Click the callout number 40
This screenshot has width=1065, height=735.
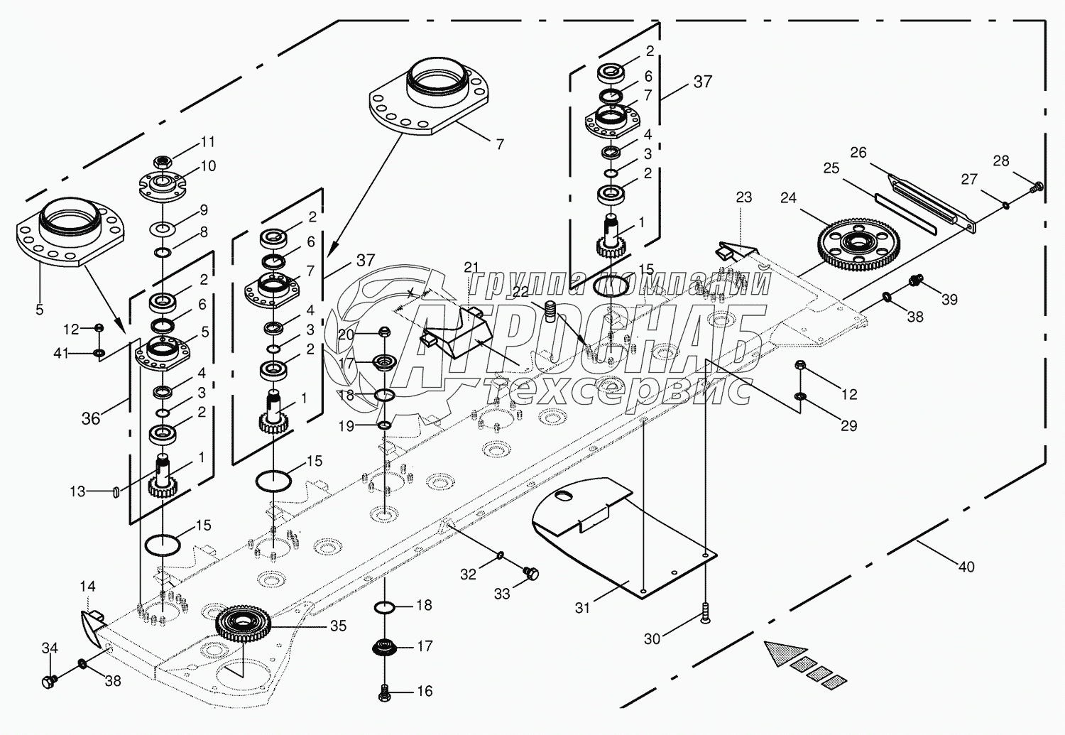click(966, 567)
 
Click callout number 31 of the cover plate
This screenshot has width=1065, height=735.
click(582, 608)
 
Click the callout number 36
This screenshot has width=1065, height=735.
click(91, 418)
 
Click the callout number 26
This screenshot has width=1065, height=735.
click(858, 153)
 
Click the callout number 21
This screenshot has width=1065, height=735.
click(472, 267)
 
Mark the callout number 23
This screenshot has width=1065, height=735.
click(743, 197)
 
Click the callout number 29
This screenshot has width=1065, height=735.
click(849, 425)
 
